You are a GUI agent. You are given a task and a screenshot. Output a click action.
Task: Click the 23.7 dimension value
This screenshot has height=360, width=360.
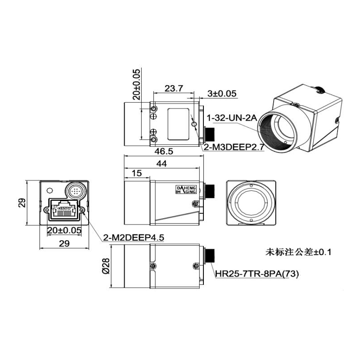click(x=173, y=89)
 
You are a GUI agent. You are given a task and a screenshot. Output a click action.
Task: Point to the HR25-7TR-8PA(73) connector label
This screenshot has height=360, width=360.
click(x=256, y=273)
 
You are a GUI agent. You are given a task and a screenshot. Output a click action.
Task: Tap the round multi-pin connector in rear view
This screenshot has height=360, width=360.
click(x=75, y=189)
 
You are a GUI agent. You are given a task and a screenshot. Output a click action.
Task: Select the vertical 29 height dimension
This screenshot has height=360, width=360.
click(x=21, y=204)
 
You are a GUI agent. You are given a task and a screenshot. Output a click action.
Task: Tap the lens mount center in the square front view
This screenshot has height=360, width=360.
click(x=250, y=203)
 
